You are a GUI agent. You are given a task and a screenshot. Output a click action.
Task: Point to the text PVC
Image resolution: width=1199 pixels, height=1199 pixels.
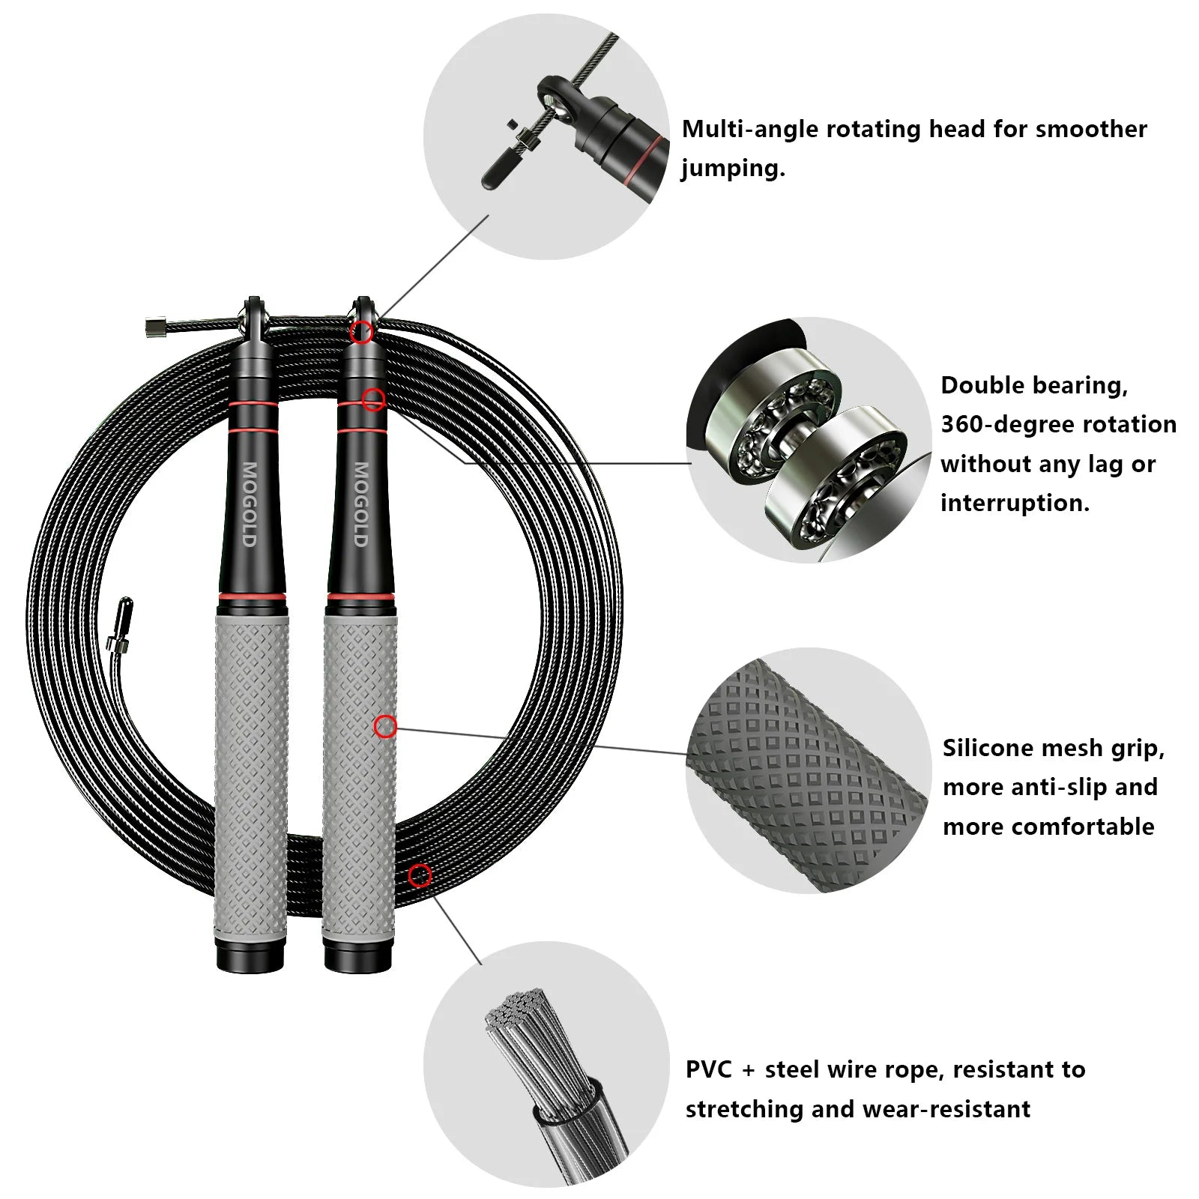pyautogui.click(x=708, y=1069)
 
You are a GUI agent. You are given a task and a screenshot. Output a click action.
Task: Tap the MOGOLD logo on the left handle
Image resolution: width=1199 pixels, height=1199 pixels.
pyautogui.click(x=250, y=504)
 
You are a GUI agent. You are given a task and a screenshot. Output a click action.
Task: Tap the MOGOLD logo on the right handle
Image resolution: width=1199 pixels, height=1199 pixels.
pyautogui.click(x=360, y=504)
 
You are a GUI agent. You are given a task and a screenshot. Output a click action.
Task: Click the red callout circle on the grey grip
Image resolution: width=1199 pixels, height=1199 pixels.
pyautogui.click(x=385, y=726)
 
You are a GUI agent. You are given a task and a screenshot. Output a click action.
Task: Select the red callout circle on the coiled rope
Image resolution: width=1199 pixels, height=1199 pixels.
pyautogui.click(x=420, y=875)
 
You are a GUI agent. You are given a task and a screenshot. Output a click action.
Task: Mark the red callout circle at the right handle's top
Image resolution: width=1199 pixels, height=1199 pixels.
pyautogui.click(x=361, y=331)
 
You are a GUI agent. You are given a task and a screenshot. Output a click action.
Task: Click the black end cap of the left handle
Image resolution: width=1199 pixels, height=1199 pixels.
pyautogui.click(x=250, y=958)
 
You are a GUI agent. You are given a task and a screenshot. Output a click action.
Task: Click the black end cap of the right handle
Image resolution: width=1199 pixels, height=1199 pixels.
pyautogui.click(x=358, y=958)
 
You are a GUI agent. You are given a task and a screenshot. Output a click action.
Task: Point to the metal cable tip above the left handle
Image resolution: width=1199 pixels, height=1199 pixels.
pyautogui.click(x=157, y=327)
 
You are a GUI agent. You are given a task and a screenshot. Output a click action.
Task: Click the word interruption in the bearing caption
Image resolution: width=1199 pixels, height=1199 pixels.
pyautogui.click(x=1014, y=503)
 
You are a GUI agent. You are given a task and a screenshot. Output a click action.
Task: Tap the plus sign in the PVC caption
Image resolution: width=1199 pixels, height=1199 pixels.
pyautogui.click(x=748, y=1071)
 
